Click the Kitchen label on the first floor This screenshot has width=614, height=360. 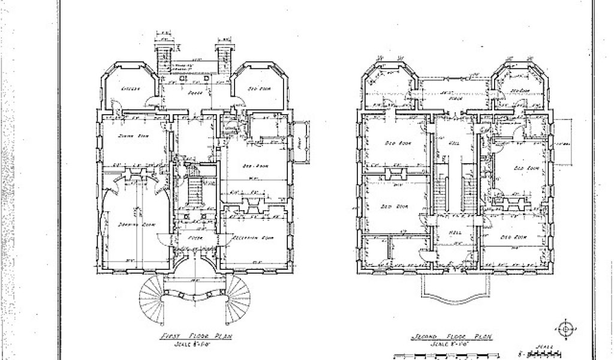[x=130, y=89]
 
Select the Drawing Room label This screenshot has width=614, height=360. [x=139, y=224]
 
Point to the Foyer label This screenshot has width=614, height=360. [x=194, y=238]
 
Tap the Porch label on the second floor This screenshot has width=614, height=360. [x=445, y=97]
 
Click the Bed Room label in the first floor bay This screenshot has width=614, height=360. [x=258, y=89]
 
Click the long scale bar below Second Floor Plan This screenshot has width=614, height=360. [x=447, y=355]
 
